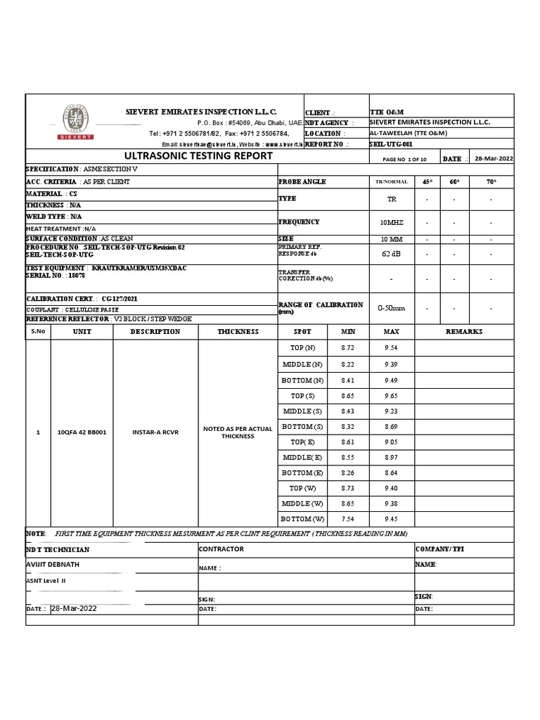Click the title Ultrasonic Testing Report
click(x=198, y=156)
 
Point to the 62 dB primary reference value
click(x=392, y=253)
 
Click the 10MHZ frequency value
click(x=392, y=222)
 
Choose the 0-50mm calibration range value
click(x=392, y=307)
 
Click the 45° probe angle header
click(x=427, y=181)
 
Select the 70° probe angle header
click(x=491, y=181)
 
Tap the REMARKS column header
click(x=464, y=331)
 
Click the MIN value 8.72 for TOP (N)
click(x=348, y=349)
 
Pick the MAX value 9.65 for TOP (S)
click(x=391, y=396)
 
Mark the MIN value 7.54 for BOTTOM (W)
click(x=348, y=519)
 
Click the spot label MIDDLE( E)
click(x=303, y=457)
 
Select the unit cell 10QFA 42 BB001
click(x=82, y=432)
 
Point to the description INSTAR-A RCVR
click(x=155, y=432)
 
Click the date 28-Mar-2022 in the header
click(x=494, y=159)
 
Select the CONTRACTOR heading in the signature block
click(x=221, y=548)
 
